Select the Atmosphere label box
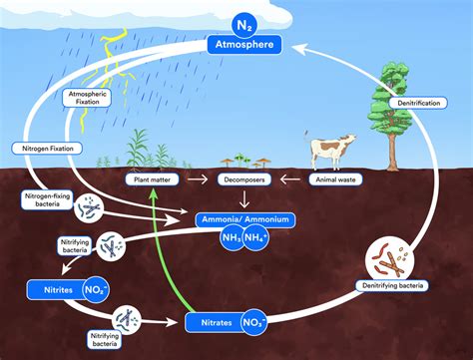244,45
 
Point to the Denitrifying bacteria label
392,286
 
